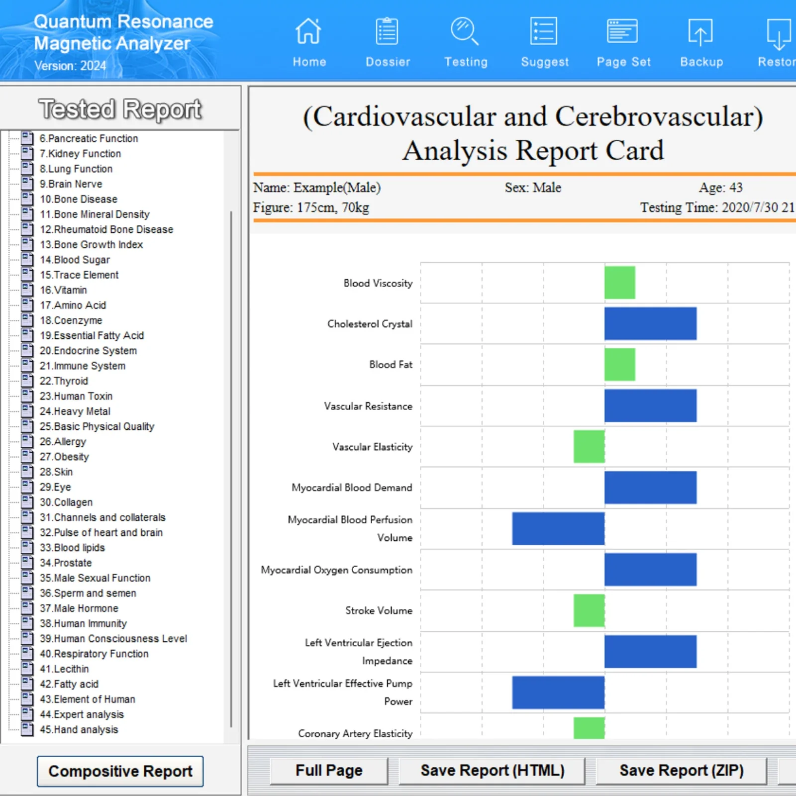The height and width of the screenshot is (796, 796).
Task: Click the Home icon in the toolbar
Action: click(308, 32)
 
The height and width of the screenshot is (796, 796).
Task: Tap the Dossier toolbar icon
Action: click(387, 32)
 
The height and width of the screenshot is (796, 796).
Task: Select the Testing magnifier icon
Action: click(465, 32)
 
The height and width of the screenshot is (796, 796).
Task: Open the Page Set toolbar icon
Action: click(622, 32)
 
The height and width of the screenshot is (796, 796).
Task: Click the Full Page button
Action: click(329, 771)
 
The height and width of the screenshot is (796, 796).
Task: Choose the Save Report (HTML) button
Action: click(492, 771)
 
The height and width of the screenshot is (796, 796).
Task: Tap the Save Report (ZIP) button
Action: click(681, 771)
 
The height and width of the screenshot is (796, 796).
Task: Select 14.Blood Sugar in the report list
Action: click(75, 260)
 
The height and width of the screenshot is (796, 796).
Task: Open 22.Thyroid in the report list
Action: click(64, 381)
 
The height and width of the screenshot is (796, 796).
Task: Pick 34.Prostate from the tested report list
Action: click(66, 563)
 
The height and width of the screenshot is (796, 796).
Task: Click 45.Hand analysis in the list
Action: click(79, 729)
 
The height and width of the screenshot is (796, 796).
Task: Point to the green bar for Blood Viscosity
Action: click(619, 283)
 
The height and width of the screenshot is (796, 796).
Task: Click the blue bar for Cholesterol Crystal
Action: click(650, 323)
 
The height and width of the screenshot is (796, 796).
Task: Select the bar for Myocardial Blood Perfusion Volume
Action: click(558, 528)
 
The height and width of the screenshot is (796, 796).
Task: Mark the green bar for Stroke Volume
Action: click(589, 610)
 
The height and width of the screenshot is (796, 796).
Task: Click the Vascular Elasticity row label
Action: click(372, 447)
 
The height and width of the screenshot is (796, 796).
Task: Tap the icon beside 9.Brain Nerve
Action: click(27, 184)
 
